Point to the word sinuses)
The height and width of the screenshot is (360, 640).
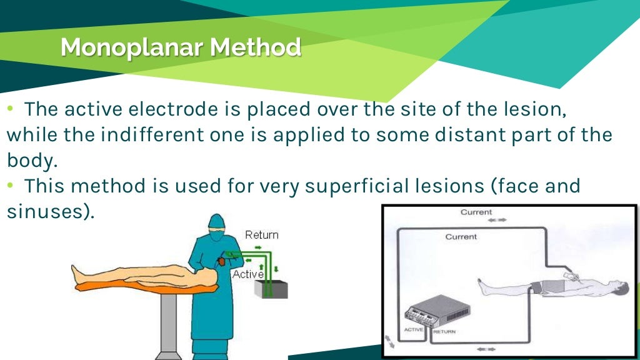click(51, 211)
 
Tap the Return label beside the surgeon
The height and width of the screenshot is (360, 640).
click(261, 235)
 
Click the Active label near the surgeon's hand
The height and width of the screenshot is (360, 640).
click(247, 274)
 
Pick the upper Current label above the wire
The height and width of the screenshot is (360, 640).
click(476, 212)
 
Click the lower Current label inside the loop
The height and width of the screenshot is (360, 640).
click(461, 237)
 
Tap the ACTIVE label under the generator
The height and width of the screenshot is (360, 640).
click(414, 329)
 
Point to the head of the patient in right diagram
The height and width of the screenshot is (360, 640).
click(619, 290)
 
